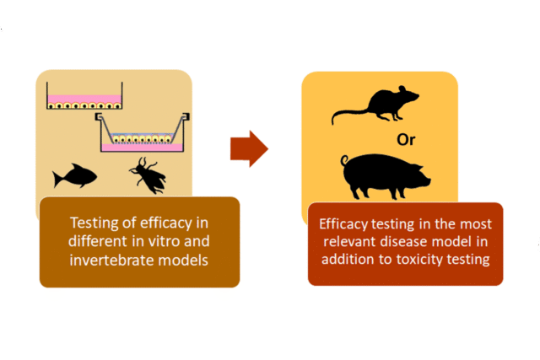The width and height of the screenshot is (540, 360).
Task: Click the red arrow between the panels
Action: coord(249,150)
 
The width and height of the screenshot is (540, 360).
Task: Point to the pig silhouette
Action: coord(384,174)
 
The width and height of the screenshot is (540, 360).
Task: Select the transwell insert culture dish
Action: coord(143,133)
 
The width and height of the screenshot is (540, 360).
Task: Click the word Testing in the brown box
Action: coord(95,223)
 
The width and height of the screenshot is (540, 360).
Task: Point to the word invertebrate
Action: coord(107,260)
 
